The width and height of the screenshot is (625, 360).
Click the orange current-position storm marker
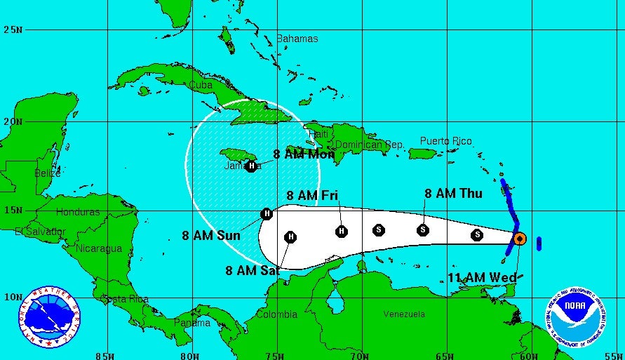point(519,239)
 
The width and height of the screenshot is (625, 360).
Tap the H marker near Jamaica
point(251,166)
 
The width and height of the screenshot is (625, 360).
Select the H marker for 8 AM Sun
point(266,213)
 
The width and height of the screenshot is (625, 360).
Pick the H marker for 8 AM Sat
point(290,237)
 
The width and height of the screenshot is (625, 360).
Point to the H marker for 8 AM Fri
point(342,231)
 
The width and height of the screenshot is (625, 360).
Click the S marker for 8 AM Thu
point(423,229)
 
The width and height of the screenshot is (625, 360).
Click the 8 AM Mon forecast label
point(304,154)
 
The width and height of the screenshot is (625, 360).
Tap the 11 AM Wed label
point(482,278)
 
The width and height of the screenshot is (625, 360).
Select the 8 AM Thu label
point(453,194)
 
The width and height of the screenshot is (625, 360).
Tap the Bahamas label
point(297,39)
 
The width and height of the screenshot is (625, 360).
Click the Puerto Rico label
point(446,141)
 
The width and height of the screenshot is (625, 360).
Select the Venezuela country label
point(404,314)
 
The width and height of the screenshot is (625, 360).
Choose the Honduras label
point(78,212)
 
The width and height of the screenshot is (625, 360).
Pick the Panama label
point(191,324)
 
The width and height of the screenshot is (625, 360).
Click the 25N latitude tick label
point(13,29)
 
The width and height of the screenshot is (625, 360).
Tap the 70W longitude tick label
point(359,355)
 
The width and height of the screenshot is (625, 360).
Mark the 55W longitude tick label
point(615,355)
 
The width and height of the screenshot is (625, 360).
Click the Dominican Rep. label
point(369,145)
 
